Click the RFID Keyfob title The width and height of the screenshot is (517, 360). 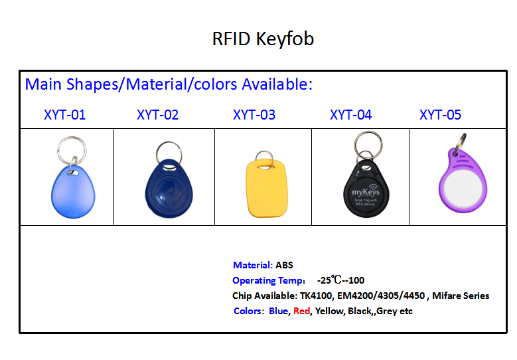tap(263, 39)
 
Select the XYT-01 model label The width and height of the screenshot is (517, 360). tap(64, 115)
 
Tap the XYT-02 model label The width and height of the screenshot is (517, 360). tap(157, 115)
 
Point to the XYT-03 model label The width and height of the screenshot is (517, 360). tap(254, 115)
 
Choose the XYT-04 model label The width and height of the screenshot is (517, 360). tap(351, 115)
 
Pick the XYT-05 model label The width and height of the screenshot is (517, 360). tap(440, 115)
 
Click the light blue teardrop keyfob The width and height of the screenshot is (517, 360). tap(73, 192)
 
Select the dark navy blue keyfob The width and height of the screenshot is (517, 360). tap(169, 189)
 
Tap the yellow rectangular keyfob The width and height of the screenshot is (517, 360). tap(267, 188)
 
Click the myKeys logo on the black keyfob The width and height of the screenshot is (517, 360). tap(366, 191)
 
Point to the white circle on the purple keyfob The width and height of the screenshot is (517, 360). tap(463, 190)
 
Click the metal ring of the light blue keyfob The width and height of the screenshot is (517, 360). tap(72, 151)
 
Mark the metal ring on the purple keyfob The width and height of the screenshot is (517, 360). tap(460, 143)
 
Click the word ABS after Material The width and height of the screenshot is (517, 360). tap(284, 265)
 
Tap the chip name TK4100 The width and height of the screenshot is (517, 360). tap(316, 296)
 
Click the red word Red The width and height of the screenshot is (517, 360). tap(302, 311)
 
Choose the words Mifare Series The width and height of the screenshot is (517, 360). tap(461, 296)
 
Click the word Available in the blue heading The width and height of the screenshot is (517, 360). tap(275, 84)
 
